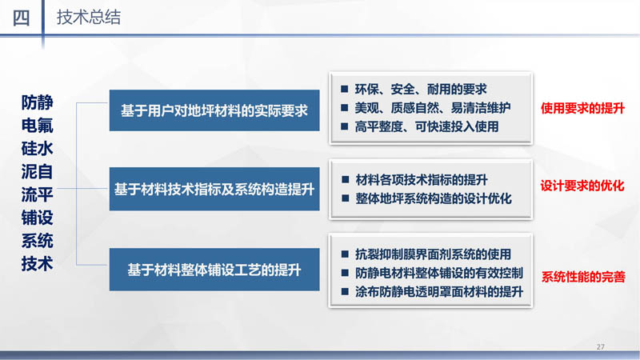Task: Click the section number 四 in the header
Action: click(x=22, y=18)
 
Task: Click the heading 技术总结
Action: click(x=89, y=18)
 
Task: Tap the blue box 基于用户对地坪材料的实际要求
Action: click(x=214, y=110)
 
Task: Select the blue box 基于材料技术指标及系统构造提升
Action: click(x=214, y=189)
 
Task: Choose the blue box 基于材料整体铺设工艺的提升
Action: click(x=214, y=270)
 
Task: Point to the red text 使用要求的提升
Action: click(x=582, y=108)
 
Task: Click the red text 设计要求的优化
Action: click(x=582, y=186)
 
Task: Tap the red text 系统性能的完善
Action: click(x=583, y=277)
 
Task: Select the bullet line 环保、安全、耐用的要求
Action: click(x=421, y=89)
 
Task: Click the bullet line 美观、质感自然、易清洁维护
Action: click(x=433, y=108)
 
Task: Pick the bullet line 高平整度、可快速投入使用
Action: click(x=426, y=126)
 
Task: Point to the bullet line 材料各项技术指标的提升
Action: click(x=422, y=179)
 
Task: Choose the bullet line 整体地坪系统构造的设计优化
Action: click(x=434, y=198)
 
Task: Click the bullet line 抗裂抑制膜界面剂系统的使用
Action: click(x=433, y=254)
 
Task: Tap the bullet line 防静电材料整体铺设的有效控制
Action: click(x=439, y=273)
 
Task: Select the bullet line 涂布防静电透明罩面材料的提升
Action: click(x=439, y=292)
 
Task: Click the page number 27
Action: click(x=601, y=347)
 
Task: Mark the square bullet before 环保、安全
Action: click(x=345, y=89)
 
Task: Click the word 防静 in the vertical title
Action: click(x=37, y=102)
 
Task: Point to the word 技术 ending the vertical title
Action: click(x=37, y=264)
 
